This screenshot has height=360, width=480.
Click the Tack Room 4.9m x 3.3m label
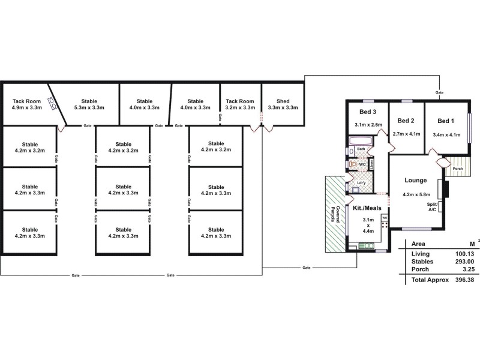[27, 104]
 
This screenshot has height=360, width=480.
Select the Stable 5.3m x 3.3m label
[89, 104]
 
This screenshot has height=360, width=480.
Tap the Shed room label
[283, 104]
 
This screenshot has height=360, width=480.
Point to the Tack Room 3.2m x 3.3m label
[240, 104]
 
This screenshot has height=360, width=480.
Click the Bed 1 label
[446, 120]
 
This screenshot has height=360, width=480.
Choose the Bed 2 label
[406, 120]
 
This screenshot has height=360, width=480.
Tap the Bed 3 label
[368, 112]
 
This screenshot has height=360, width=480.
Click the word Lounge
[415, 180]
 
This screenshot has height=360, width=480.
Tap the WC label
[362, 163]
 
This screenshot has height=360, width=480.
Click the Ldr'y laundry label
[361, 183]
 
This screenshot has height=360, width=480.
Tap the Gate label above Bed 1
[440, 93]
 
